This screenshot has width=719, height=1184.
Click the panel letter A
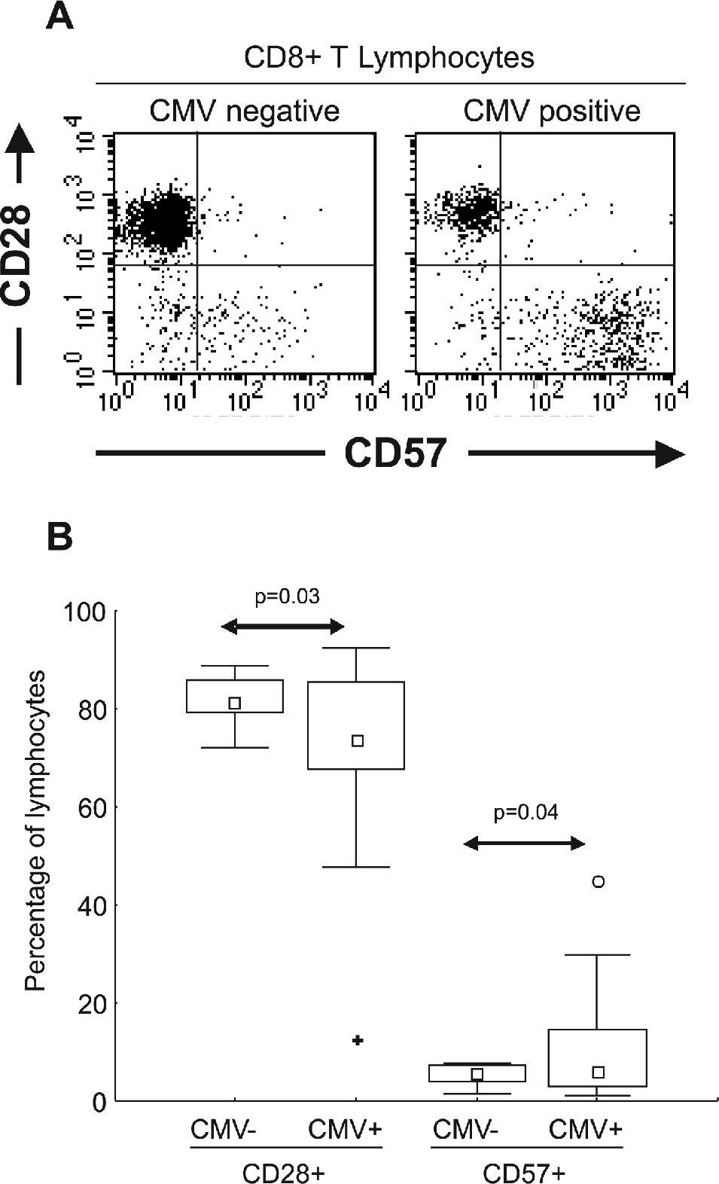click(59, 16)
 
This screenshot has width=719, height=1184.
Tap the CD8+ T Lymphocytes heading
click(389, 58)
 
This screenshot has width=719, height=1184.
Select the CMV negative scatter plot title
click(245, 111)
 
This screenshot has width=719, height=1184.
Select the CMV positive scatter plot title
click(552, 111)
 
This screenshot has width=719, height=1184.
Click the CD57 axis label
click(395, 454)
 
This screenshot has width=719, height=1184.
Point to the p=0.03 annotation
click(287, 597)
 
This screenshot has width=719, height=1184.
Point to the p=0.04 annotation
click(526, 813)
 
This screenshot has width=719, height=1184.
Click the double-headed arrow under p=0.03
click(282, 627)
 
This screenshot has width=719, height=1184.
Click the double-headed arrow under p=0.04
click(524, 844)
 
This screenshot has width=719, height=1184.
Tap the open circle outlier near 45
click(599, 881)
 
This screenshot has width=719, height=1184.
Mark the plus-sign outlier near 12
click(358, 1040)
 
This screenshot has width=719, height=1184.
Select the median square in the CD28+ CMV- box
click(235, 703)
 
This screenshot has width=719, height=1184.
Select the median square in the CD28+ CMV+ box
click(358, 741)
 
